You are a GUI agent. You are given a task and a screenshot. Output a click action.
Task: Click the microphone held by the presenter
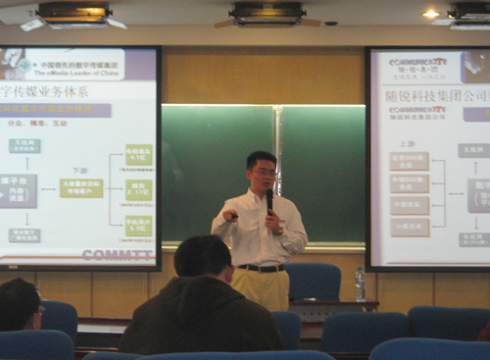(269, 199)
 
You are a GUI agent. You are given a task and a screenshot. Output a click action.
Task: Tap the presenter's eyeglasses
(263, 173)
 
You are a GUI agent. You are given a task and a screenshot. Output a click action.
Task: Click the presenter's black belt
(261, 267)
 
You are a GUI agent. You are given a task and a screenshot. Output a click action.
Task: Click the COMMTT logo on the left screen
(117, 255)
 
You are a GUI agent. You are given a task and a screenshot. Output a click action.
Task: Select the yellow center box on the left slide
(80, 187)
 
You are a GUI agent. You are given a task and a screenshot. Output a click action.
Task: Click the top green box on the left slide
(138, 155)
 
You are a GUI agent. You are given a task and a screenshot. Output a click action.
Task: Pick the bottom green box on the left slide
(138, 227)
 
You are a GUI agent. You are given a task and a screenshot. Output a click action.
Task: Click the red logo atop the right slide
(417, 61)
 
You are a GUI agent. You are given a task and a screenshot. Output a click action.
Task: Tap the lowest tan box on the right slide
(410, 228)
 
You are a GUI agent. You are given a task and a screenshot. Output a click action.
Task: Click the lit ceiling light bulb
(431, 14)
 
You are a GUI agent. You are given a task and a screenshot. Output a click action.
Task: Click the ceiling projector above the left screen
(73, 13)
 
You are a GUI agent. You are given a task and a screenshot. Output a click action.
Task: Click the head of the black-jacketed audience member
(203, 258)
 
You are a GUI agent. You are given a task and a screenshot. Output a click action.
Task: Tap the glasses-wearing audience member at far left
(19, 305)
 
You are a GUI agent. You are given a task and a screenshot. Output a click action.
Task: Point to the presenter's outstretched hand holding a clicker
(231, 215)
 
